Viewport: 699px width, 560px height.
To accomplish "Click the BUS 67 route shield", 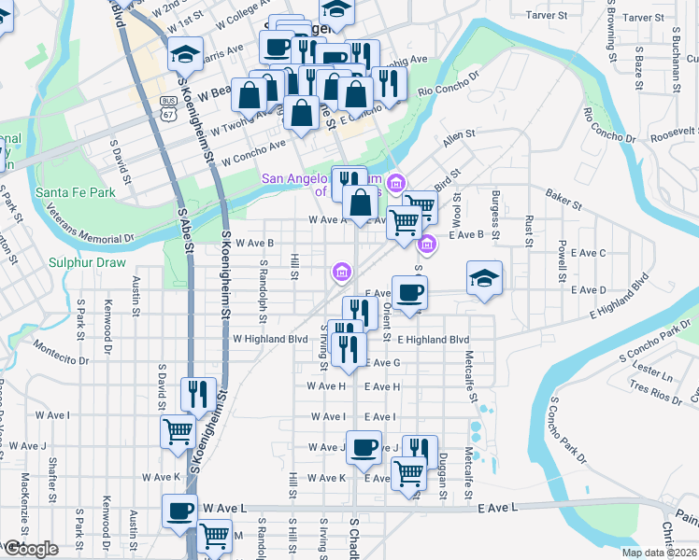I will point(168,108).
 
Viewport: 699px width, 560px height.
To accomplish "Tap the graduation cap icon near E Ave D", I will point(484,278).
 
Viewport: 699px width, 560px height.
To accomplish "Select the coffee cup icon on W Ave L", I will point(179,511).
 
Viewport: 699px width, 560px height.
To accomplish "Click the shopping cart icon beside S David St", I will point(178,431).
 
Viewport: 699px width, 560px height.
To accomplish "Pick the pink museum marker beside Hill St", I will point(342,273).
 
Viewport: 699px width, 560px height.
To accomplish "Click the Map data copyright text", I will point(659,553).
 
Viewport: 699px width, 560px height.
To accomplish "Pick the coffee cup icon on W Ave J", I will point(364,446).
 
